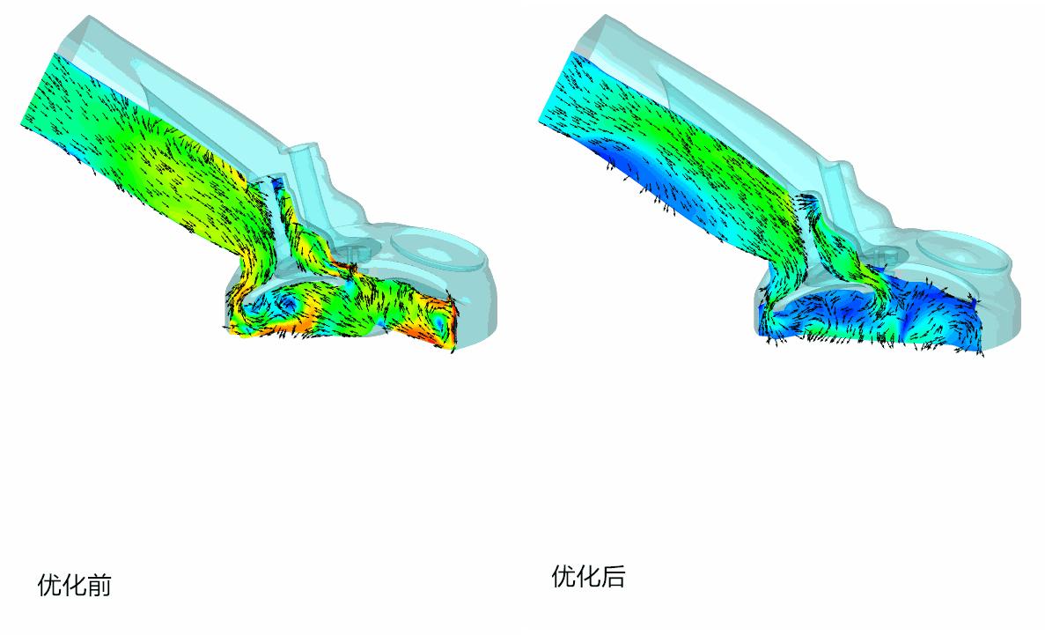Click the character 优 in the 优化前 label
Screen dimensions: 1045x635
coord(49,585)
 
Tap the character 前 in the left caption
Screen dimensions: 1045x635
coord(99,585)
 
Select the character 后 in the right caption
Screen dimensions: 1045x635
coord(613,576)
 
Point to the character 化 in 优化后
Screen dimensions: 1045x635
coord(588,576)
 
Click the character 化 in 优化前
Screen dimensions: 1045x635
coord(74,585)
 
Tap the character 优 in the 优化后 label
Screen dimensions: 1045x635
coord(563,576)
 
